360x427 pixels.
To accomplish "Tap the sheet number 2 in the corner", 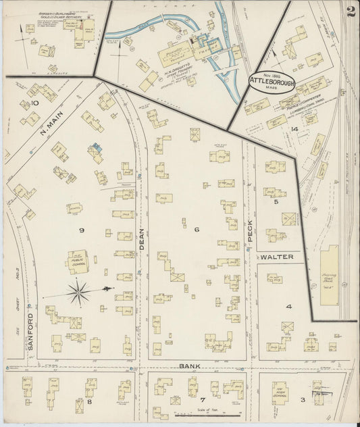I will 348,10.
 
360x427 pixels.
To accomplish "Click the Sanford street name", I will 30,331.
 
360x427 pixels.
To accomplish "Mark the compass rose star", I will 80,292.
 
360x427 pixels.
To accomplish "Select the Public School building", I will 77,259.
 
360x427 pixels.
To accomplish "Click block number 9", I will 80,230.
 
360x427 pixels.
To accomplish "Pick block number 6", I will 197,230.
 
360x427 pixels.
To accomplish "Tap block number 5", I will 276,201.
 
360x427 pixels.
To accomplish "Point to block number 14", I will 294,128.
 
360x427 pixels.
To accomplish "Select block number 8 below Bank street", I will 79,401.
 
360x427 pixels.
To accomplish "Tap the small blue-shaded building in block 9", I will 97,147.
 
